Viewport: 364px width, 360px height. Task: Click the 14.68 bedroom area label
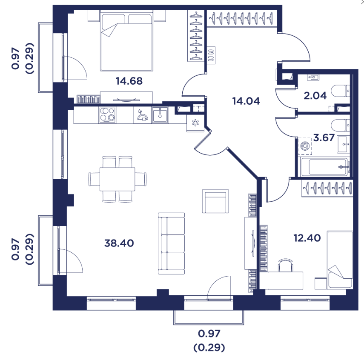point(129,81)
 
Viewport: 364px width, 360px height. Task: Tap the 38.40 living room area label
point(119,243)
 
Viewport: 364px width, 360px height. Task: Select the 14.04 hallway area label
point(246,101)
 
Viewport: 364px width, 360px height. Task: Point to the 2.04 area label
point(315,95)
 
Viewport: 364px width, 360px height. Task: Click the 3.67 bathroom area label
point(324,137)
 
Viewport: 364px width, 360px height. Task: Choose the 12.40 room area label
point(307,238)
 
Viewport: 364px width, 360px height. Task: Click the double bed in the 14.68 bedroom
point(126,40)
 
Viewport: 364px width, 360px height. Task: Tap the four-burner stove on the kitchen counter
point(107,114)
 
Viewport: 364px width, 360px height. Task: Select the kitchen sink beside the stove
point(160,114)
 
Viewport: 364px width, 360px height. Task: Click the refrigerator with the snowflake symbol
point(195,123)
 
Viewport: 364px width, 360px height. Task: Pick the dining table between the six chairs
point(117,179)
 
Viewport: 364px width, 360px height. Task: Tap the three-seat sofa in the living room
point(171,243)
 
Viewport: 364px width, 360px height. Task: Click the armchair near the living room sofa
point(215,201)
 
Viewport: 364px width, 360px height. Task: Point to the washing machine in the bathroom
point(305,146)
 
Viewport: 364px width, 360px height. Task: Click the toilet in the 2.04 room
point(340,91)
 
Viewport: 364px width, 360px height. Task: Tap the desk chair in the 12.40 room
point(286,265)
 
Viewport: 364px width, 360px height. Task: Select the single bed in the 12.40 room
point(340,260)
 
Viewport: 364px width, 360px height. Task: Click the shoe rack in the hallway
point(211,55)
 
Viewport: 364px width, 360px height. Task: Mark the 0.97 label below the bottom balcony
point(209,334)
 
